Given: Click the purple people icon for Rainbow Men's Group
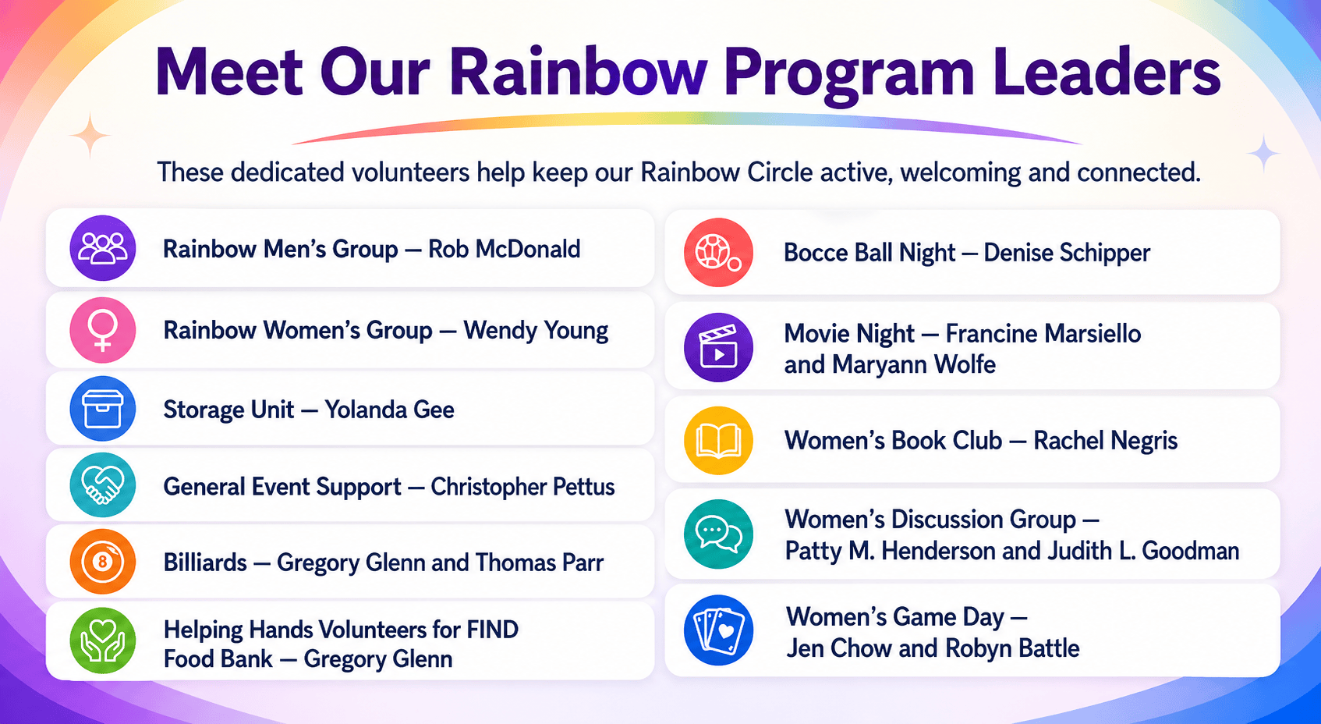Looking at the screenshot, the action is (x=103, y=248).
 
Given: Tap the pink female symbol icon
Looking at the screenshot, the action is (x=103, y=330).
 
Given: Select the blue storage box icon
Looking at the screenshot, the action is (x=103, y=409).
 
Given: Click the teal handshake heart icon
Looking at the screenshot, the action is (x=103, y=485).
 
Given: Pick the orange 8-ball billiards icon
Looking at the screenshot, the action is (x=103, y=561).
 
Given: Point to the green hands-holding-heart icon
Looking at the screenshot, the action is (x=103, y=641).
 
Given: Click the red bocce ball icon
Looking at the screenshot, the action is (x=718, y=253).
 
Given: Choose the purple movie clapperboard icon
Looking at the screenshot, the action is (x=718, y=347).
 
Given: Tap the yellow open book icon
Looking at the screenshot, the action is (x=718, y=441).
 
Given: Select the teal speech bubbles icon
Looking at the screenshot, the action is (x=718, y=534).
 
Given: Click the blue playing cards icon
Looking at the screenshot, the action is (x=718, y=630).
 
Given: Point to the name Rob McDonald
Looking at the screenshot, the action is (x=505, y=249).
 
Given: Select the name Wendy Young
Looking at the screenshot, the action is (x=536, y=331).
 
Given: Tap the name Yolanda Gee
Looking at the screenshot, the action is (x=389, y=410).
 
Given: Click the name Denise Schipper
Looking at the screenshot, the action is (x=1067, y=253).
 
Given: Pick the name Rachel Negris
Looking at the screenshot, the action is (x=1105, y=441).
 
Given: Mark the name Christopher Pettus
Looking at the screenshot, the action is (x=522, y=487).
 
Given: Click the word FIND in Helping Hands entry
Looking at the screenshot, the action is (x=492, y=630).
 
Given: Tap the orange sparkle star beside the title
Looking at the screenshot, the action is (x=90, y=136).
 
